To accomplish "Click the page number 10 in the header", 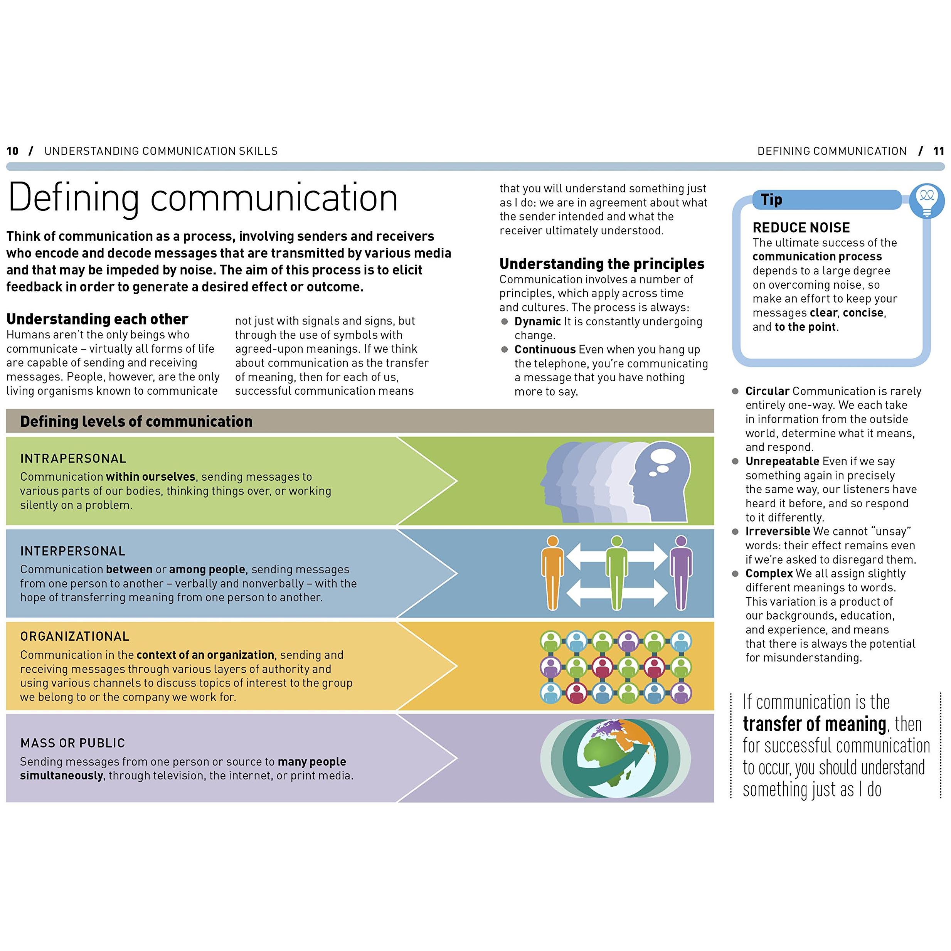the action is [12, 151].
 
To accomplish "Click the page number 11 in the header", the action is [939, 151].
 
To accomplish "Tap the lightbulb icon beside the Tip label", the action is [927, 200].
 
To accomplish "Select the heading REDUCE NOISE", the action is [801, 227].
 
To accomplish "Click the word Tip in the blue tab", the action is [771, 199].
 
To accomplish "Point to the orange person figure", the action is [553, 573].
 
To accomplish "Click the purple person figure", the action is [681, 573].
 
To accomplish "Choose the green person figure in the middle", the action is [617, 573].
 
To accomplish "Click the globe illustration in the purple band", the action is [616, 758].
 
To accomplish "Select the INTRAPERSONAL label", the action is [73, 458].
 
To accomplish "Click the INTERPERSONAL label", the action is [73, 551].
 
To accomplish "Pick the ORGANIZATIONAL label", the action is [75, 636].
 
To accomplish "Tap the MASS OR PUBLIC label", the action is [73, 743].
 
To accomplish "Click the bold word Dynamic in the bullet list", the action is [537, 321].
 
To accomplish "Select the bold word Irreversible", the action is [778, 531].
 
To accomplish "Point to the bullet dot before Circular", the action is [736, 391].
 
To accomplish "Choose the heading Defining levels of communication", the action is [136, 421].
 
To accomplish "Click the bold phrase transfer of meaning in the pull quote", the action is [815, 724].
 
